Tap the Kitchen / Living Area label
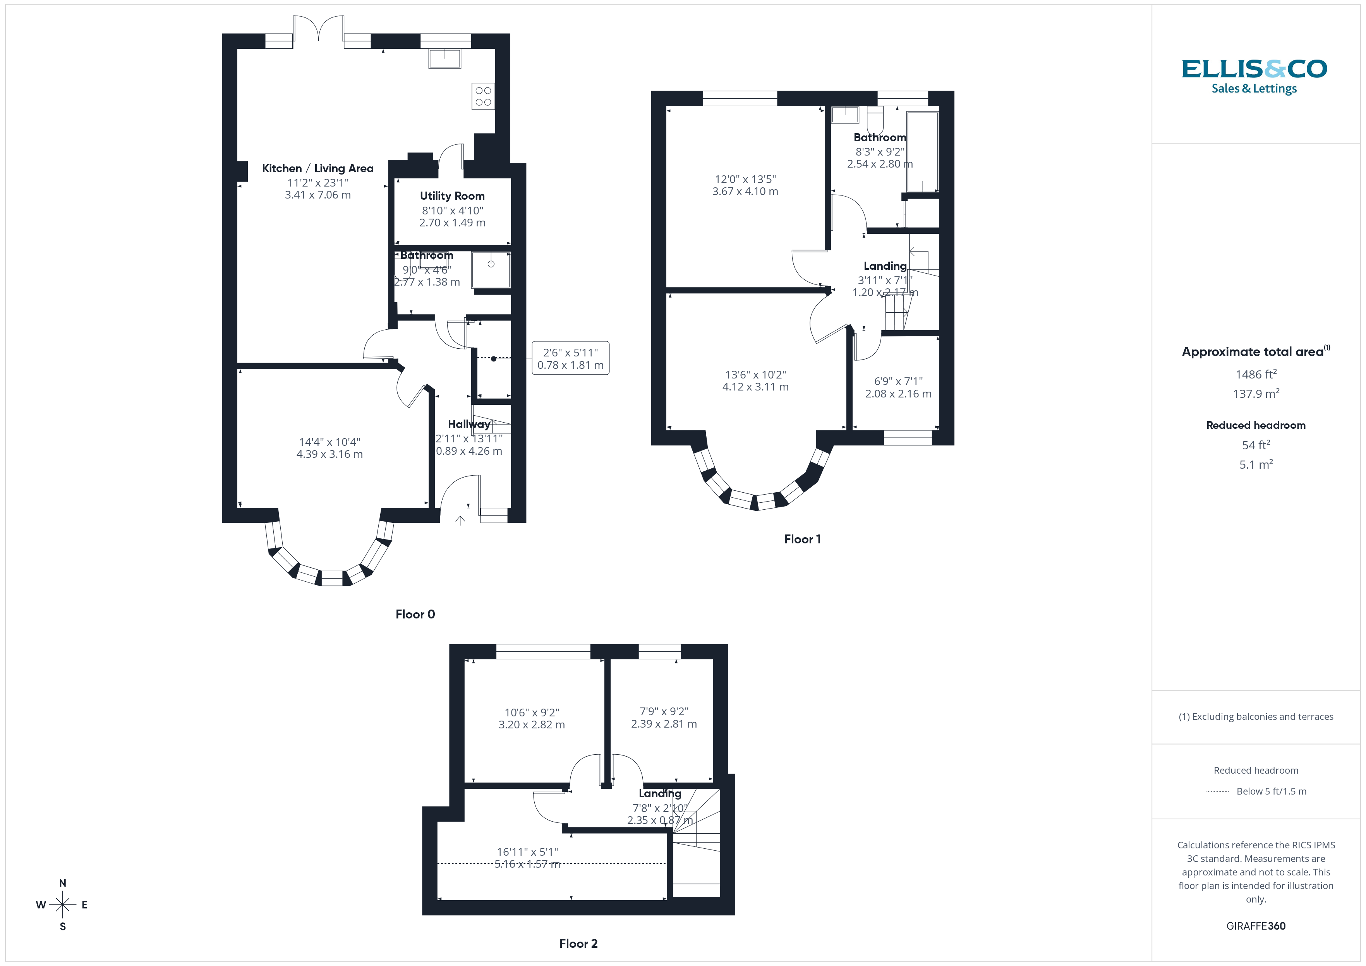pyautogui.click(x=318, y=168)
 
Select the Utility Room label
pyautogui.click(x=452, y=196)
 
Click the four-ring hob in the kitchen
pyautogui.click(x=483, y=96)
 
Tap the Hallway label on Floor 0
pyautogui.click(x=469, y=424)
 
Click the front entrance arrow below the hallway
pyautogui.click(x=460, y=521)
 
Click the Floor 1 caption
pyautogui.click(x=802, y=540)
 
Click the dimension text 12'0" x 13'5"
pyautogui.click(x=745, y=179)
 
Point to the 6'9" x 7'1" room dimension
pyautogui.click(x=898, y=381)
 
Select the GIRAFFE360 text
pyautogui.click(x=1255, y=926)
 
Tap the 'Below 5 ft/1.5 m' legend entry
pyautogui.click(x=1271, y=791)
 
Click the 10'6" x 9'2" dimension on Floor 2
pyautogui.click(x=531, y=712)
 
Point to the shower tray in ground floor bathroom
pyautogui.click(x=491, y=269)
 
